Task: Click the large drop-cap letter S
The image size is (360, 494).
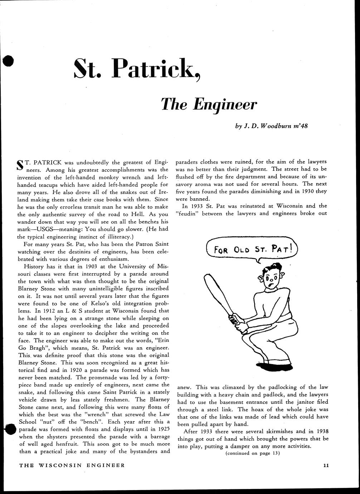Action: (21, 166)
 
